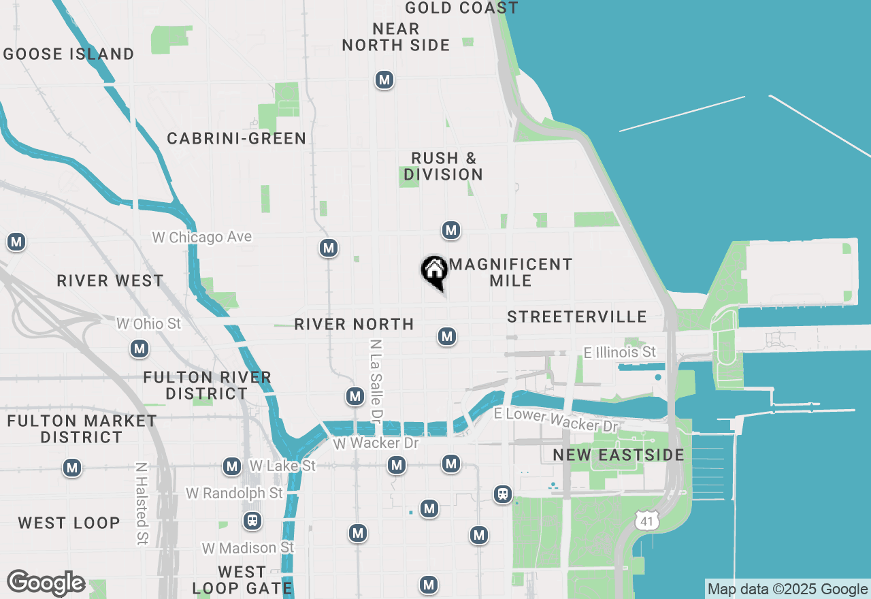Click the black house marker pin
point(434,271)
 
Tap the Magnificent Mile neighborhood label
point(510,272)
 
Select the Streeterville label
point(577,317)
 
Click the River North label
point(354,324)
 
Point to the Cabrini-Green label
point(237,139)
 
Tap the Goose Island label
point(69,54)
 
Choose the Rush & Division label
point(444,166)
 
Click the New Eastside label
point(618,455)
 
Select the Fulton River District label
point(208,385)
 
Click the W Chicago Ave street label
point(201,238)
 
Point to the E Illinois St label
point(620,352)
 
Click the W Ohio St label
point(148,323)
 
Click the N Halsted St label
point(142,504)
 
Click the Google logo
point(46,583)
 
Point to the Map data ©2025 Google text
point(787,589)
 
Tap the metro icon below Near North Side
point(384,80)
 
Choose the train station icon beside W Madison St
point(252,521)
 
